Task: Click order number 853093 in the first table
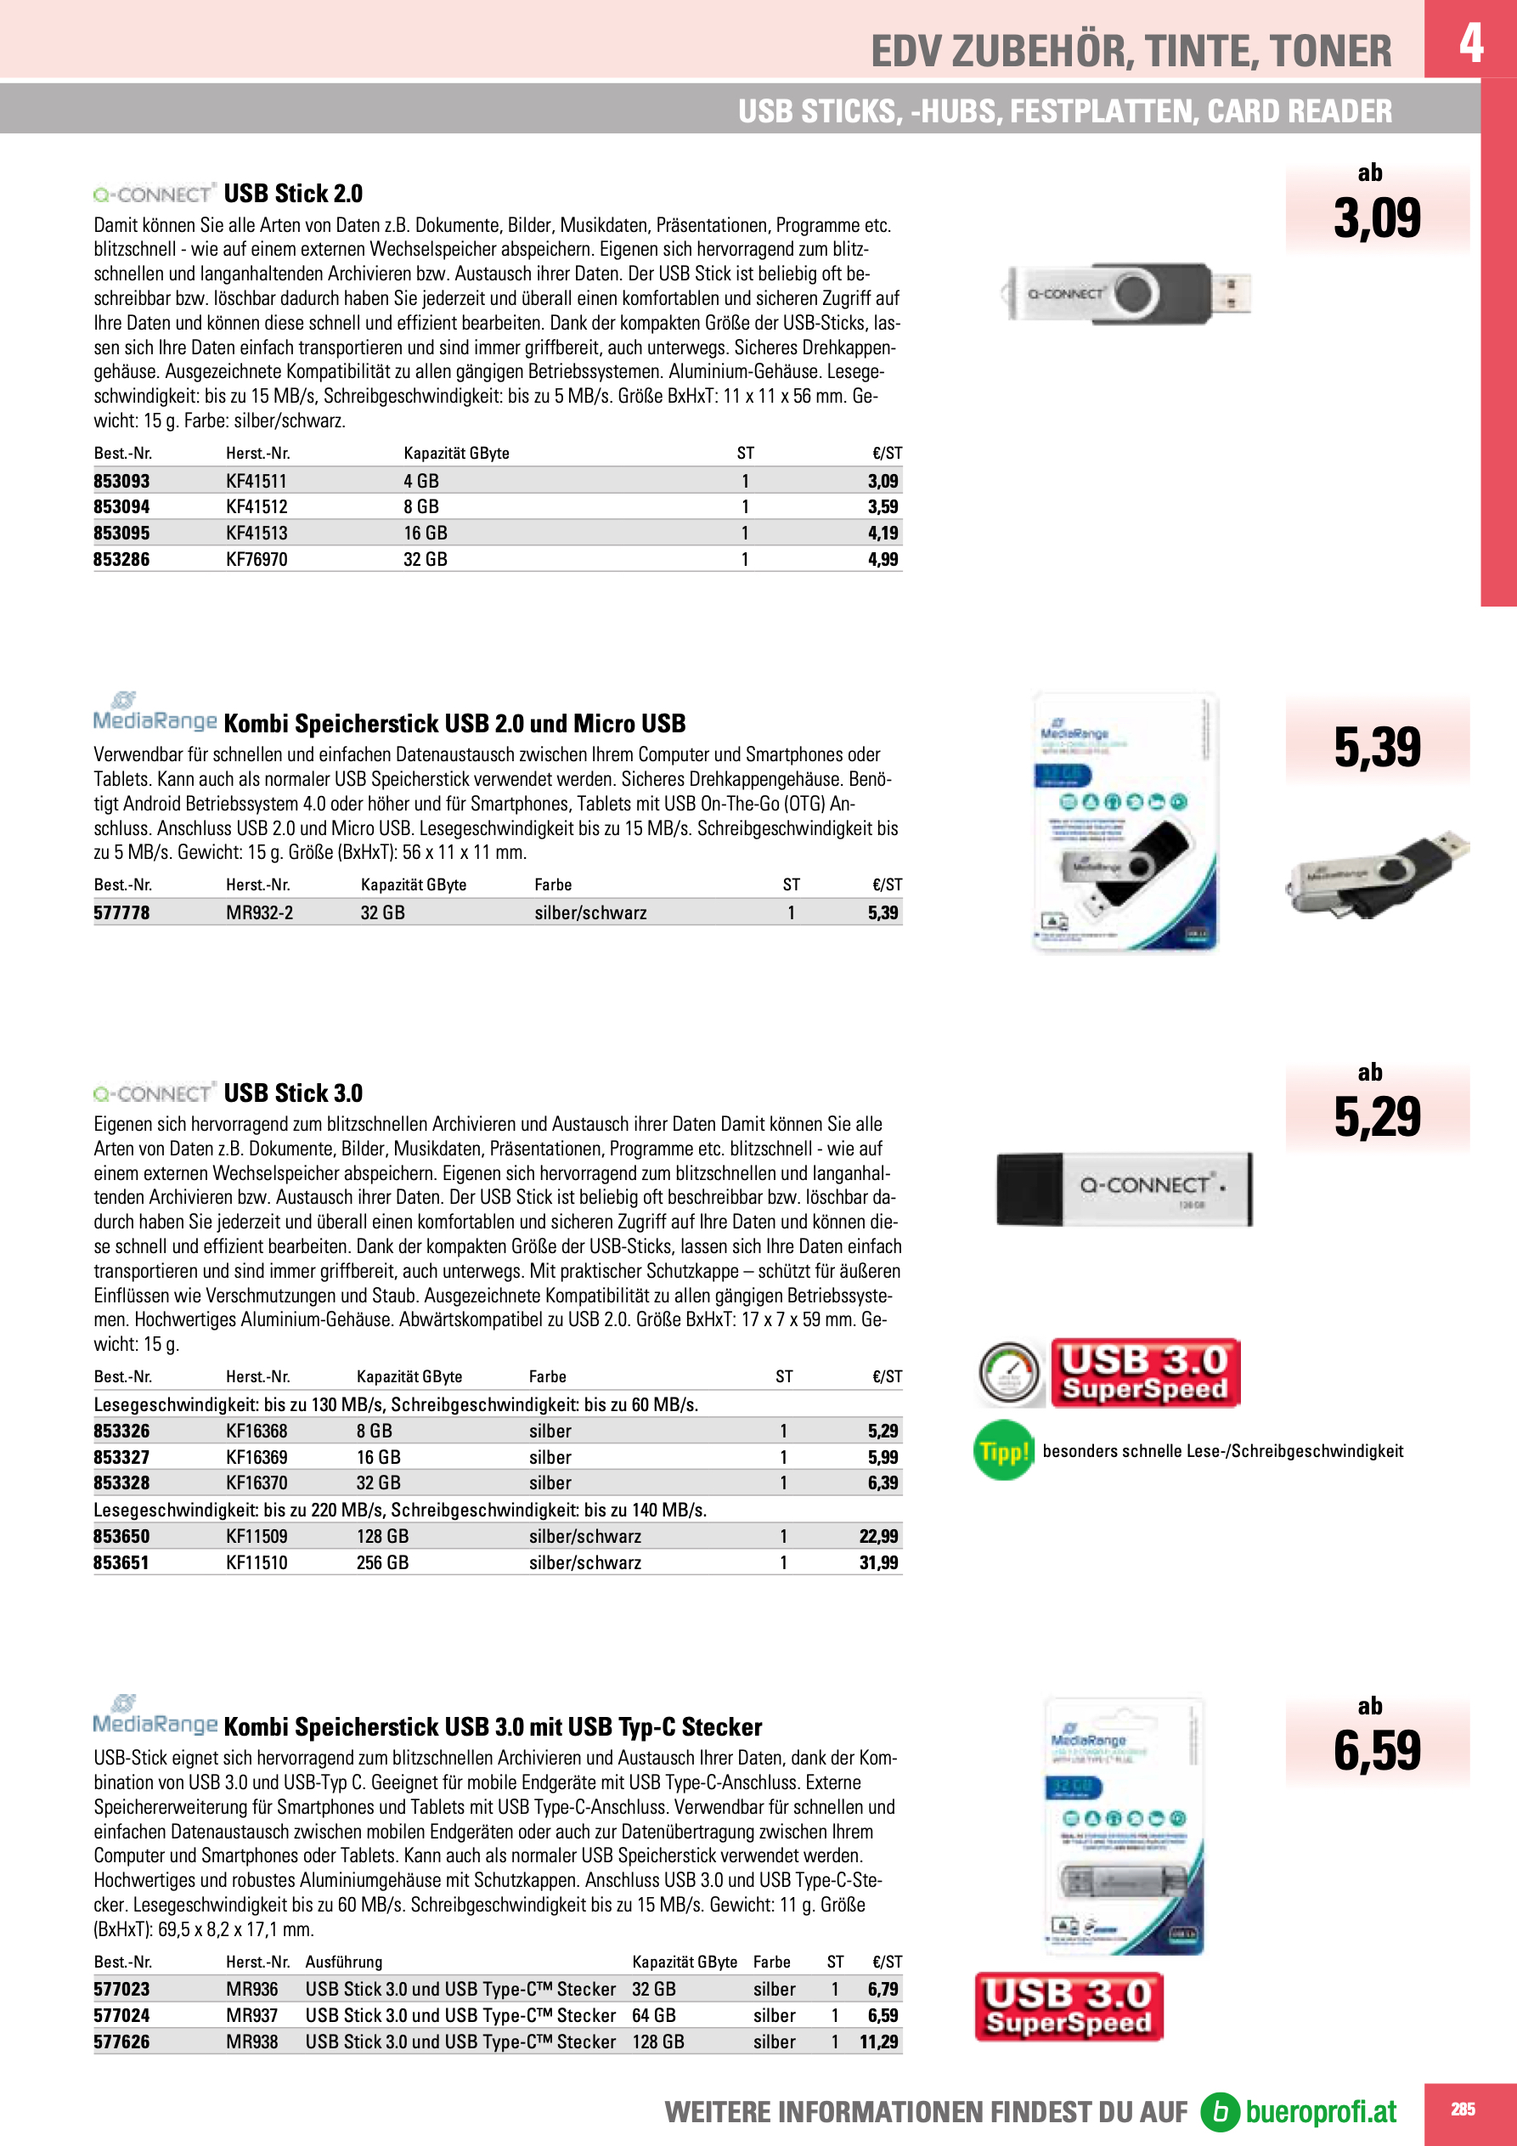121,482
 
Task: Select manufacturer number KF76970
257,560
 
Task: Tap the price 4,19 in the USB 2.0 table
883,534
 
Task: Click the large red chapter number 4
1470,42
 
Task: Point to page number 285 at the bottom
1463,2109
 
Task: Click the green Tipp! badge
1003,1452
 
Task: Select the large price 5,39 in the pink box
1377,748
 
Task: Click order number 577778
121,913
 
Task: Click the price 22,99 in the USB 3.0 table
878,1537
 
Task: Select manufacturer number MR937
251,2016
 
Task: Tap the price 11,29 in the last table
878,2042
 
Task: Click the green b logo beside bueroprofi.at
1219,2111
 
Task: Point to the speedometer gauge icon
1009,1373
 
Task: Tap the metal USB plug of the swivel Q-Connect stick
1231,291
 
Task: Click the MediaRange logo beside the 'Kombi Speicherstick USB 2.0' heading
155,715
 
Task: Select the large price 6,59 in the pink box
1377,1751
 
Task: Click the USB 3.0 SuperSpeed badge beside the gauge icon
1145,1373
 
